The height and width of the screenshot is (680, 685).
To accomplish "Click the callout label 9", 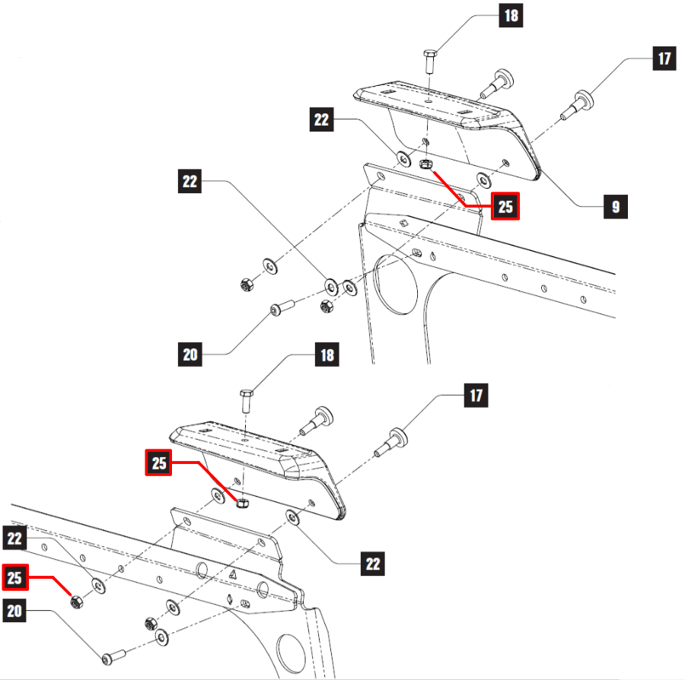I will click(616, 206).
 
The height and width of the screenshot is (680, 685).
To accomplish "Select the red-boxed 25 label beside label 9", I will click(505, 206).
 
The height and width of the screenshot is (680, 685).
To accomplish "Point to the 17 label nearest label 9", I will click(664, 59).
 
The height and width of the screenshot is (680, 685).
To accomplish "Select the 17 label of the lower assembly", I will click(477, 396).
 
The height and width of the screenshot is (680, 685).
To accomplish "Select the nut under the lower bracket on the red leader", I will click(244, 503).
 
